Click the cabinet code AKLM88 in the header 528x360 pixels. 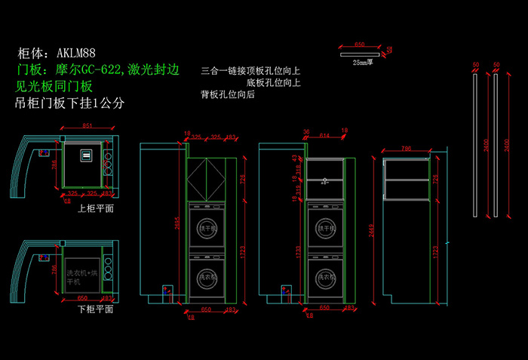coord(75,54)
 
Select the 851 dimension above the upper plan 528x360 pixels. coord(87,125)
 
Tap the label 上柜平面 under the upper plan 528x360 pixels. coord(96,208)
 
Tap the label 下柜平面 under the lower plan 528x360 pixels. coord(96,309)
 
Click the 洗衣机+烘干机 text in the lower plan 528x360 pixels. coord(82,276)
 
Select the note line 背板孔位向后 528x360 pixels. coord(228,95)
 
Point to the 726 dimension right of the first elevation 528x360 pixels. coord(243,180)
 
